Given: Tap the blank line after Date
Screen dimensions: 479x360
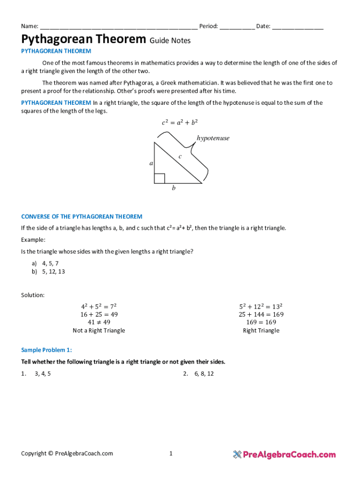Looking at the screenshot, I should [298, 27].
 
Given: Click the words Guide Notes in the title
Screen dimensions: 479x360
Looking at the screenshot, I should [170, 41].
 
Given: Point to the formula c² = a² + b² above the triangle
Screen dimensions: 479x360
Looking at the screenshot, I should [180, 123].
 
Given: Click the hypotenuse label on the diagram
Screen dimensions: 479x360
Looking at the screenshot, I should [213, 138].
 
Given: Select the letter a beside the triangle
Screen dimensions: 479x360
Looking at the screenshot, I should [151, 163].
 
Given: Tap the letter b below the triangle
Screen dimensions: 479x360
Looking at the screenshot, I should [173, 188].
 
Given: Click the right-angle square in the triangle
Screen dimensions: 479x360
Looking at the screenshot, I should [159, 178].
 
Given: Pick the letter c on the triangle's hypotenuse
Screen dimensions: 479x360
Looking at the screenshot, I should [180, 156].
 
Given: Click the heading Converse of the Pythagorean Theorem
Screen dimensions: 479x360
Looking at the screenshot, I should [82, 217].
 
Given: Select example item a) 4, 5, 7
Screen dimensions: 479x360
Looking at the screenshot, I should [45, 263].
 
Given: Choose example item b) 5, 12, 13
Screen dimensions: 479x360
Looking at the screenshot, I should [48, 271].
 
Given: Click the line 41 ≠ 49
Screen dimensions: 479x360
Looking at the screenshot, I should [99, 322].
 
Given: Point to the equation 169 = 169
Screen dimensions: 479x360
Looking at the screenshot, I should [261, 322].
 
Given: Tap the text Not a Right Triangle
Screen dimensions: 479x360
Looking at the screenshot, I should [99, 331].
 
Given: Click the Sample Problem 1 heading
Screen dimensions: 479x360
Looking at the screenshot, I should [47, 350].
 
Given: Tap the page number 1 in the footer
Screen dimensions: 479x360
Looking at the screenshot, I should [171, 453].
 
